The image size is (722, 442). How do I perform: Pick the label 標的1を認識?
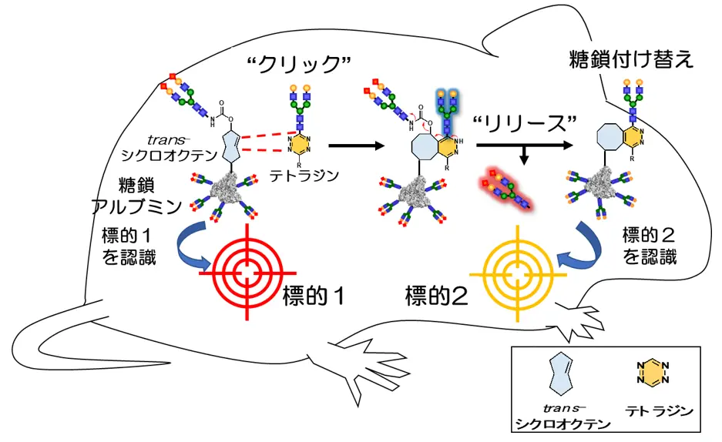pos(129,245)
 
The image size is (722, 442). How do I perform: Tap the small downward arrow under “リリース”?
pos(523,156)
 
